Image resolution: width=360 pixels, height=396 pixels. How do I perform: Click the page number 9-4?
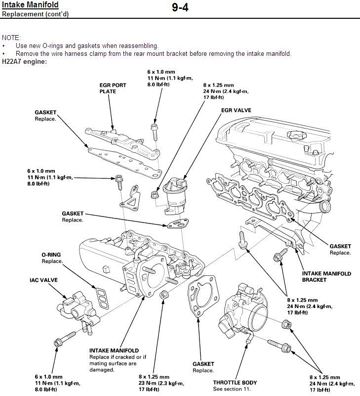[x=180, y=8]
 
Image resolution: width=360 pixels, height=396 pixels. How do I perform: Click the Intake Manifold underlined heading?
[x=31, y=5]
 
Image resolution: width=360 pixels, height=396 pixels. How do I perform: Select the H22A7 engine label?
[x=25, y=61]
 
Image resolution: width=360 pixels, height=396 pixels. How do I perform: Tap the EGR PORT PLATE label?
[x=113, y=88]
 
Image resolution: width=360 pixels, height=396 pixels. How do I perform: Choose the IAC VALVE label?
[x=43, y=280]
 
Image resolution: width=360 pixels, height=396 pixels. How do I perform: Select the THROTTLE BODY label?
[x=235, y=382]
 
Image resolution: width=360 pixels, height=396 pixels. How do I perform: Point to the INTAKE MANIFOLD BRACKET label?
[x=326, y=276]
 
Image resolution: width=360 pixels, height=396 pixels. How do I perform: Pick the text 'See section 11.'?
[x=232, y=389]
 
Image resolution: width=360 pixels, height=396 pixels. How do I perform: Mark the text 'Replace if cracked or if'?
[x=118, y=357]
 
